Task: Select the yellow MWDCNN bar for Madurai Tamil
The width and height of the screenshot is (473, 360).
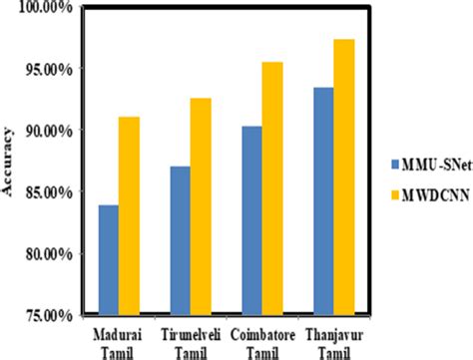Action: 130,216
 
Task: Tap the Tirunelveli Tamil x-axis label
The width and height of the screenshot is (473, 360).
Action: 191,340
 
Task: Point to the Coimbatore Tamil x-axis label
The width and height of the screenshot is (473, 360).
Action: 262,340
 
